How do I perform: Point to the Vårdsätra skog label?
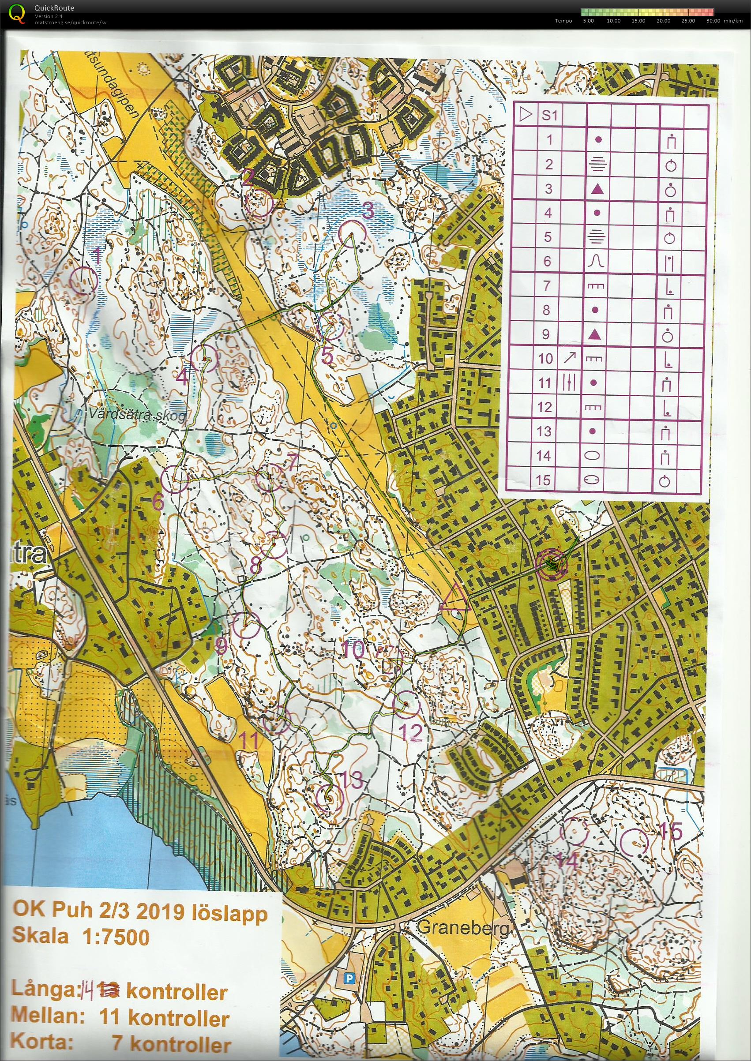137,414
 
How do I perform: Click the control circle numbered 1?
84,280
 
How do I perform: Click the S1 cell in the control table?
549,116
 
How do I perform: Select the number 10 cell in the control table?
546,358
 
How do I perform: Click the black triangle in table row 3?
597,189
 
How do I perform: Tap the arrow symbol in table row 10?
570,357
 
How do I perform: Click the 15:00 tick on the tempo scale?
638,21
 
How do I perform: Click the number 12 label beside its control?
410,732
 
